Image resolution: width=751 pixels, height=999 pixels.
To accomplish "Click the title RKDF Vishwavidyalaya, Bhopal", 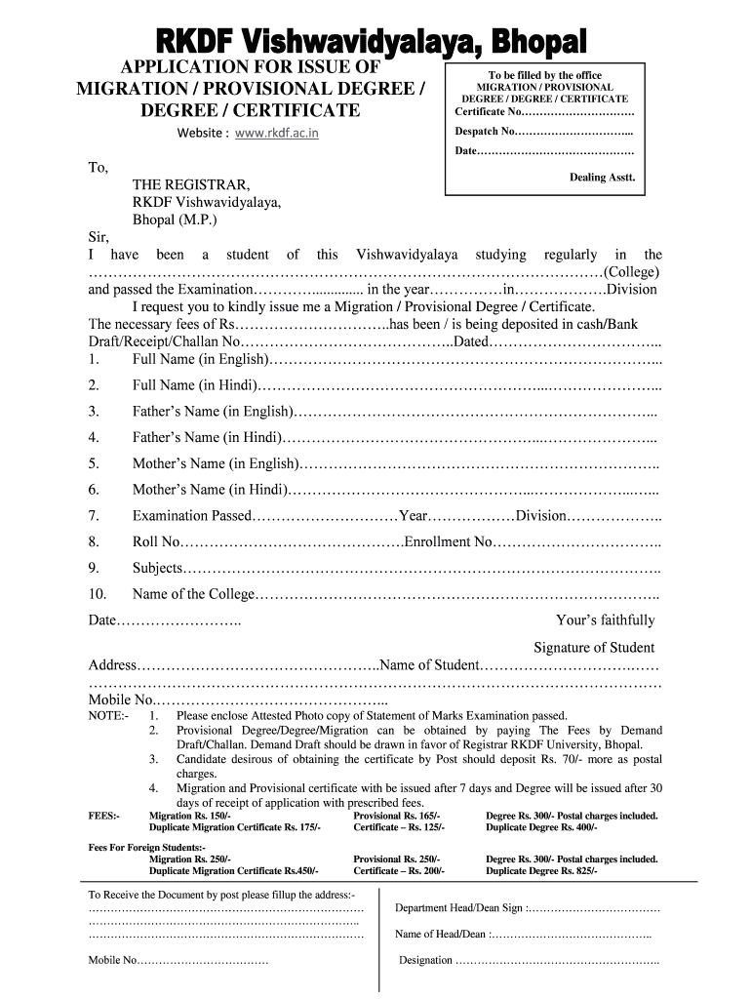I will (x=375, y=42).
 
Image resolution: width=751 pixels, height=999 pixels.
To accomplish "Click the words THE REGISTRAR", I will (x=191, y=184).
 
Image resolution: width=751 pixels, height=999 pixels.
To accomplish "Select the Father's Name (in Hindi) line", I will (x=468, y=437).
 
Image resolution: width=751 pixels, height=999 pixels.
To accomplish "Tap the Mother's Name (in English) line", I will (x=478, y=463).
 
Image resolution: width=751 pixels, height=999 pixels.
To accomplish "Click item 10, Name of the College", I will (x=194, y=594).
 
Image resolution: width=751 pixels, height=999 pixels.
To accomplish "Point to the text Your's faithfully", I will (x=605, y=620).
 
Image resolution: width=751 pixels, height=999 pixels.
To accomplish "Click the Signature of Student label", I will (x=594, y=648).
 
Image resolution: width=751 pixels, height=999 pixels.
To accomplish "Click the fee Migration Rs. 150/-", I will (x=190, y=816).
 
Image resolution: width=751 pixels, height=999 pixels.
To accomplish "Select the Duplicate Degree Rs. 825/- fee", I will (x=542, y=870).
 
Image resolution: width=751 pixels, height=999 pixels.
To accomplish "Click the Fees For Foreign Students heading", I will (x=147, y=848).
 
